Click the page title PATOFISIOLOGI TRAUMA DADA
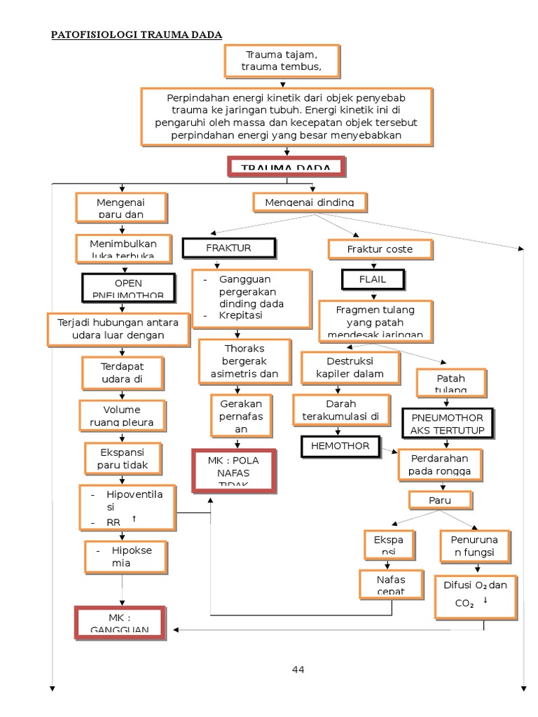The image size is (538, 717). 137,34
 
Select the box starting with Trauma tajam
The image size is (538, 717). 282,61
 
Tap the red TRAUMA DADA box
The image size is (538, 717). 286,167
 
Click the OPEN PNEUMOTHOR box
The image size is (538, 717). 127,288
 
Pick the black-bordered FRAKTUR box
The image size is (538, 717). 228,248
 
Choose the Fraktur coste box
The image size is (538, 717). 380,249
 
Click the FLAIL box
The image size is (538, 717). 373,279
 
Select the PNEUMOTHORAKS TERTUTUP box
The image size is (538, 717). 448,423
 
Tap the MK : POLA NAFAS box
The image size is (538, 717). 234,471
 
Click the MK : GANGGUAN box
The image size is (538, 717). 120,622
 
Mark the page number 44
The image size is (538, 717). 298,670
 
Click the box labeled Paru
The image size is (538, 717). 441,500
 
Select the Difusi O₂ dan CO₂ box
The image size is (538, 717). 475,596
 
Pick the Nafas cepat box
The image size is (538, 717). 391,585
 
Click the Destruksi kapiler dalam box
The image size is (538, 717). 350,367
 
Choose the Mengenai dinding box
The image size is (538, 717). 309,202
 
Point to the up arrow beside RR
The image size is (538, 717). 134,518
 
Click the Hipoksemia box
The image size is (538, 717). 127,556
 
